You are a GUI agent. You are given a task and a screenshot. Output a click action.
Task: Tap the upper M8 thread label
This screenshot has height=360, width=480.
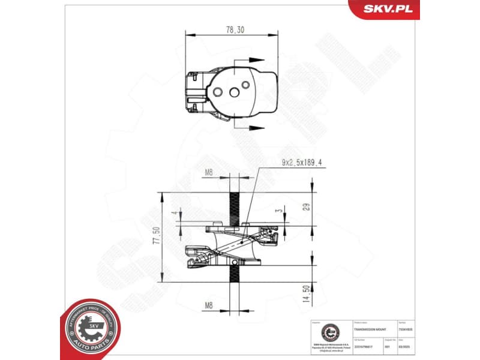click(209, 173)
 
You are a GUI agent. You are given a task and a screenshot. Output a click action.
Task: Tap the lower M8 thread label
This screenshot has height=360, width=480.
click(209, 305)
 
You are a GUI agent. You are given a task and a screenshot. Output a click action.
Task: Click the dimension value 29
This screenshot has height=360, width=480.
click(306, 207)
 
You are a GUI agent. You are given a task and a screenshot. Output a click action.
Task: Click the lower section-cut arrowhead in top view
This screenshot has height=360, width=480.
click(257, 127)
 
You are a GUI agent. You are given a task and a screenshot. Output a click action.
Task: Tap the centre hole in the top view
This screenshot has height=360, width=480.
click(233, 91)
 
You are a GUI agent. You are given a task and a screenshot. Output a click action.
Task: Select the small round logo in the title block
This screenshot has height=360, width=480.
click(329, 332)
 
